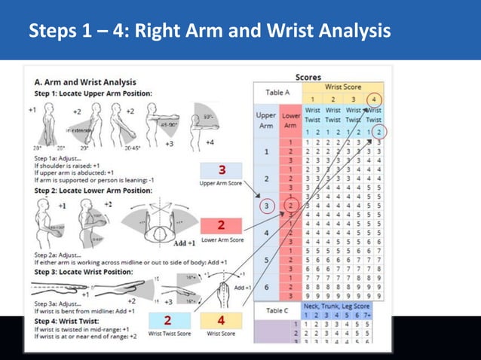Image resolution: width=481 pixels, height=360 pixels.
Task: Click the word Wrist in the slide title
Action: [287, 32]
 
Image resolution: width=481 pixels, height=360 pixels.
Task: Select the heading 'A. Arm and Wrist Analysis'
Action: [85, 81]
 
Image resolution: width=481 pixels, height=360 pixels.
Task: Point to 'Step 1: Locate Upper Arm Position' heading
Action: [93, 93]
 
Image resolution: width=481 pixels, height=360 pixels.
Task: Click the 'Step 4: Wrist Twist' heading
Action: [67, 322]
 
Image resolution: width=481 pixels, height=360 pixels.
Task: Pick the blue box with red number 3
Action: [222, 169]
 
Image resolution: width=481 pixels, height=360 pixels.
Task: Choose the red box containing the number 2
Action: [222, 225]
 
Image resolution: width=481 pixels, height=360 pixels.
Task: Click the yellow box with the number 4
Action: [221, 320]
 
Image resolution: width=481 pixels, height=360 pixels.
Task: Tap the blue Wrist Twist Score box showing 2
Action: [167, 320]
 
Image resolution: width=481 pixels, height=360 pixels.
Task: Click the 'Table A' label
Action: [277, 93]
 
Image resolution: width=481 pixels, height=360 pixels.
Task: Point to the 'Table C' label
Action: [277, 310]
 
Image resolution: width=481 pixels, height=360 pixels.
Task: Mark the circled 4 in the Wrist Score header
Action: [374, 99]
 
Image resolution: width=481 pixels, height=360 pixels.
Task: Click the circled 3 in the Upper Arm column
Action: [266, 204]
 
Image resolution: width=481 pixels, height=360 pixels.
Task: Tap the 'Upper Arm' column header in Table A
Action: [266, 121]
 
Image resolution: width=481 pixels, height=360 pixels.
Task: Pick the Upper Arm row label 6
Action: [266, 287]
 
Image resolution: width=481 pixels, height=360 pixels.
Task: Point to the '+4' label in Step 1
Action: [210, 141]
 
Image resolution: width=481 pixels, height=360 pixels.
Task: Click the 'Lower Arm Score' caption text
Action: [222, 239]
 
